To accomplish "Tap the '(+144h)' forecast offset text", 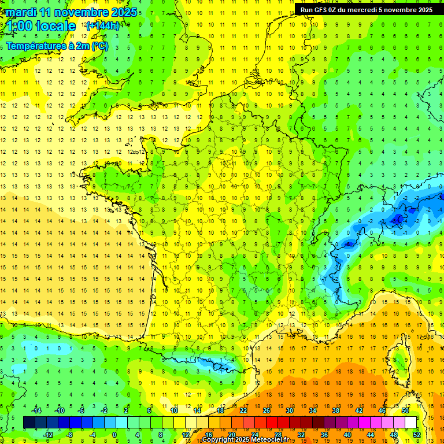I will pos(103,25).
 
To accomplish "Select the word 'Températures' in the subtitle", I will pos(34,46).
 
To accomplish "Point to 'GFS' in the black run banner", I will pos(324,10).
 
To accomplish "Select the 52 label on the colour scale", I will pos(417,435).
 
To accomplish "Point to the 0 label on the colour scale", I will pos(114,435).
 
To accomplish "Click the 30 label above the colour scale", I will pos(289,410).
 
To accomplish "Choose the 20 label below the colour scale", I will pos(231,435).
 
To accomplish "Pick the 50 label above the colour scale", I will pos(405,410).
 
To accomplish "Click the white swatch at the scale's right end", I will pos(410,423).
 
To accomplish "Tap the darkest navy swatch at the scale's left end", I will pos(29,423).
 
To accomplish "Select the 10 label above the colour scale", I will pos(173,410).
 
